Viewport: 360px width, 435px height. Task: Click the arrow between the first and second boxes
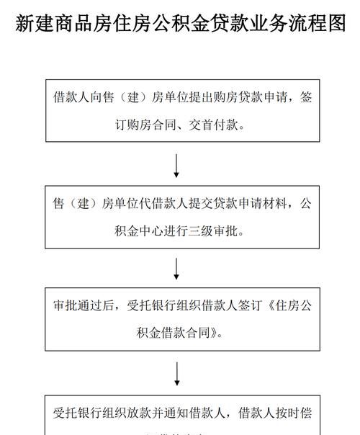pyautogui.click(x=176, y=165)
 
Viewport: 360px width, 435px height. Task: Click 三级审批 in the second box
pyautogui.click(x=212, y=231)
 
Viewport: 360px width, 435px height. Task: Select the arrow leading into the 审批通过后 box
pyautogui.click(x=176, y=269)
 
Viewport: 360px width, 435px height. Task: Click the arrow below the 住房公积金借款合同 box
pyautogui.click(x=176, y=373)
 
